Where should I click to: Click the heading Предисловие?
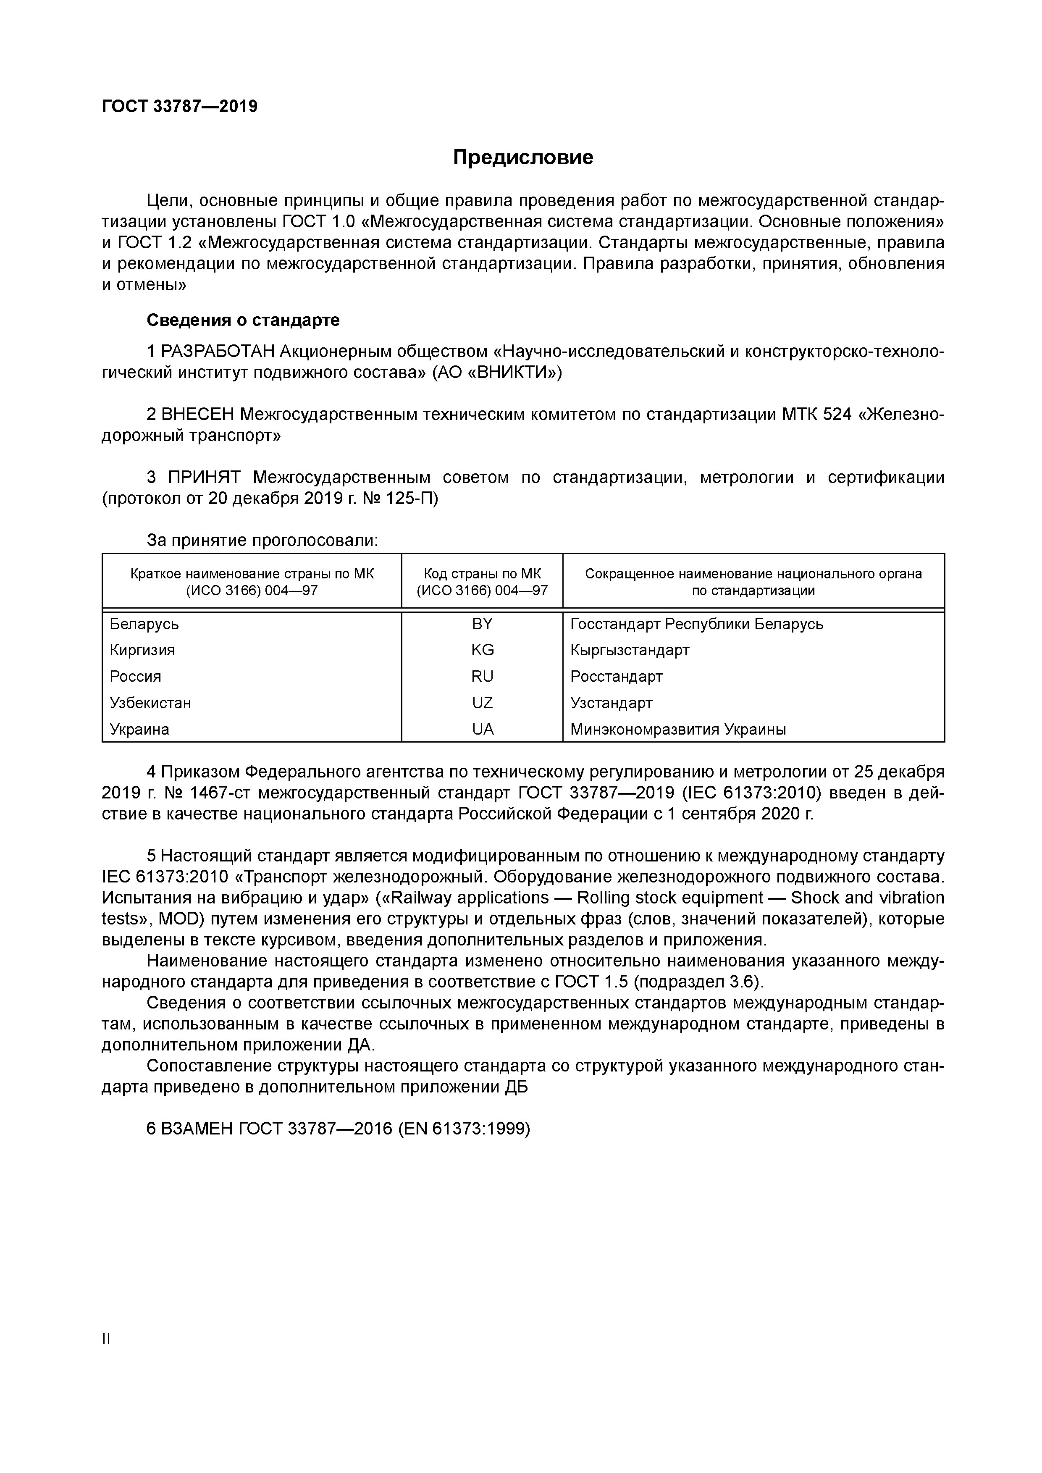tap(523, 157)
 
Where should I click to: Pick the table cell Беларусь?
tap(144, 624)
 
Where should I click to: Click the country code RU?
tap(483, 677)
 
